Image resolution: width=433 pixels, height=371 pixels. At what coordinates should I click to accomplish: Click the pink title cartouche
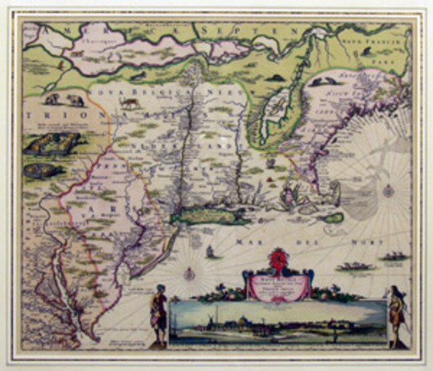coord(278,284)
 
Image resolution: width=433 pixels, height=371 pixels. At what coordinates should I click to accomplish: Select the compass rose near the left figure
coord(188,273)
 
